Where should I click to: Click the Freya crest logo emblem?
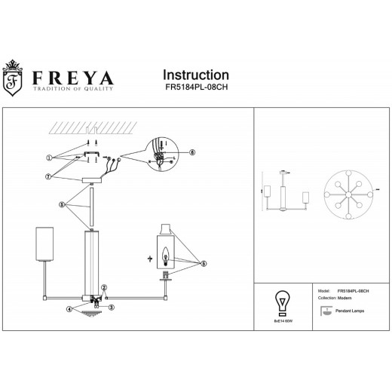(x=13, y=78)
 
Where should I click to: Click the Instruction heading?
(x=196, y=75)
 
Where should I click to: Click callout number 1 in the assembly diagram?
(x=50, y=158)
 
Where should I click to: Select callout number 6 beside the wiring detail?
(x=193, y=152)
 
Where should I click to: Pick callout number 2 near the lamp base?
(x=105, y=286)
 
